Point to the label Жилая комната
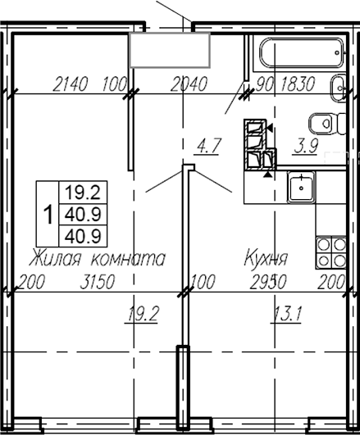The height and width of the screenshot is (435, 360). pyautogui.click(x=97, y=259)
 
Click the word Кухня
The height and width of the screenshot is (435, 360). pyautogui.click(x=265, y=259)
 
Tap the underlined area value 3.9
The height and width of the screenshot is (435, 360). pyautogui.click(x=306, y=147)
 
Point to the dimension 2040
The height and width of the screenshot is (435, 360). pyautogui.click(x=188, y=84)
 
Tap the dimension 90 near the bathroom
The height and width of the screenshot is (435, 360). pyautogui.click(x=265, y=84)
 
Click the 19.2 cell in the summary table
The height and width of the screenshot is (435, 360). pyautogui.click(x=86, y=193)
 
